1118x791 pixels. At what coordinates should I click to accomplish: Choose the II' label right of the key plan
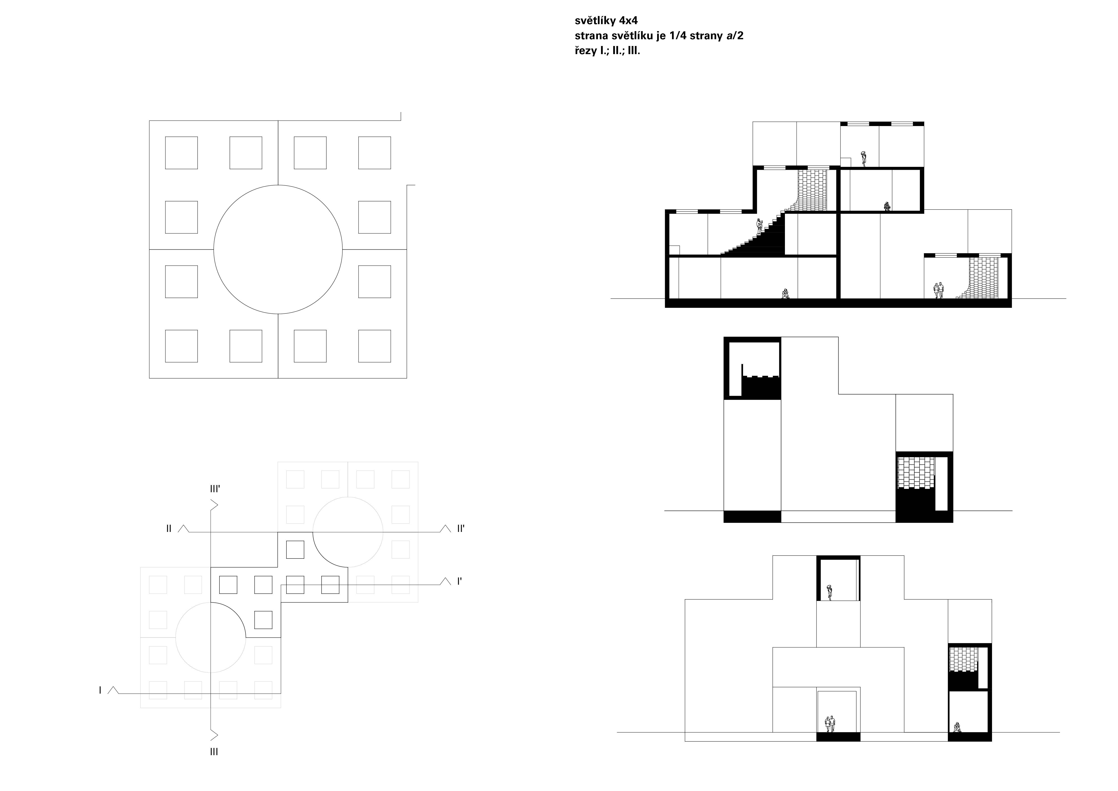pyautogui.click(x=461, y=529)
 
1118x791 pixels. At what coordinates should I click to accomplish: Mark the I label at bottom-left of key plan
pyautogui.click(x=100, y=690)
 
